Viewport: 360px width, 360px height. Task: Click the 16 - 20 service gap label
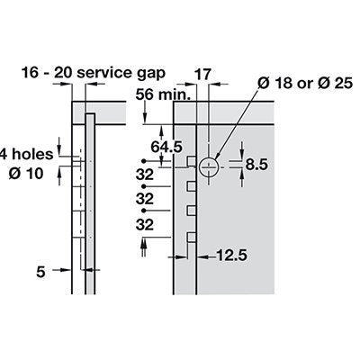click(x=93, y=73)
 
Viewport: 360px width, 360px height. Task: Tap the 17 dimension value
click(x=202, y=74)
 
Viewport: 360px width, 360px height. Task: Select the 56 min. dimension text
click(x=163, y=95)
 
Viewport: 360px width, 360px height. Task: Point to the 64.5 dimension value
click(x=166, y=147)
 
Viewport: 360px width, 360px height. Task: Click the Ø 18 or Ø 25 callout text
click(x=305, y=83)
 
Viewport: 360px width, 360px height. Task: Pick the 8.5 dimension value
click(x=256, y=165)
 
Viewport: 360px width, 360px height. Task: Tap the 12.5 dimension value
click(x=231, y=256)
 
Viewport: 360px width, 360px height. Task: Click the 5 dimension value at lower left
click(x=40, y=272)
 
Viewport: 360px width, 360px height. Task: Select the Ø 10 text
click(x=26, y=174)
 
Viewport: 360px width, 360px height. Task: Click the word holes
click(x=32, y=154)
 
